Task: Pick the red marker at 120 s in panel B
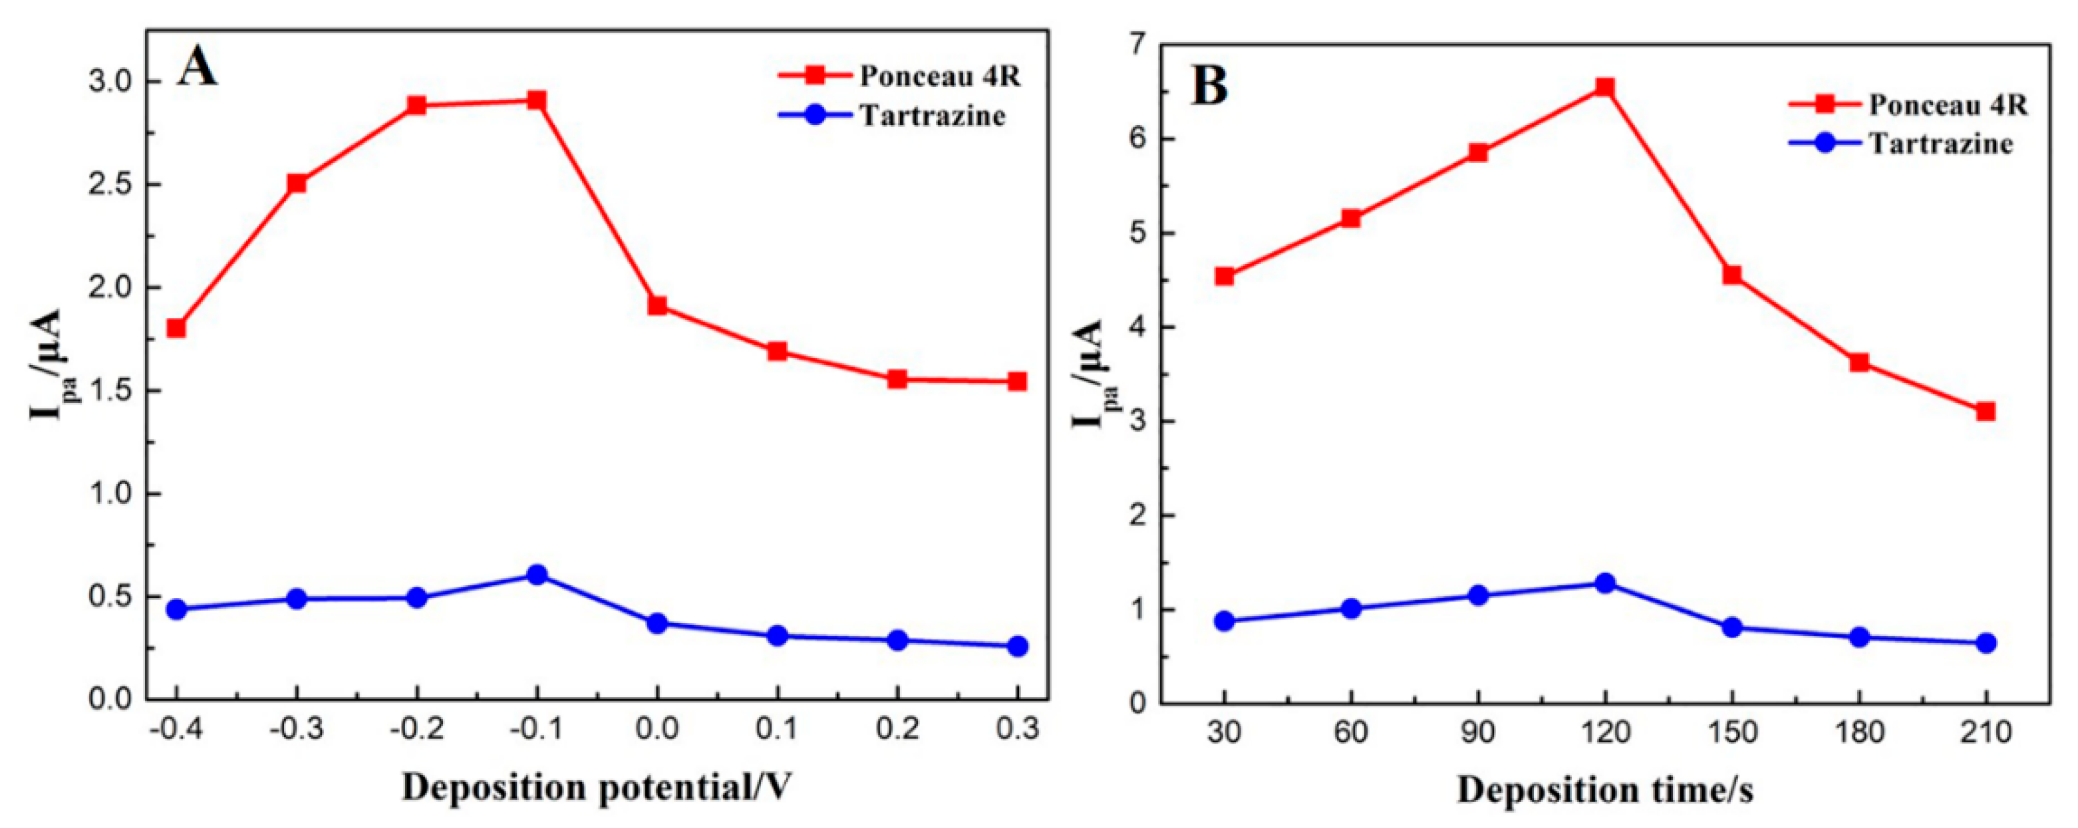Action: [1604, 87]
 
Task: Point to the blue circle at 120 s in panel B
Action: [1604, 583]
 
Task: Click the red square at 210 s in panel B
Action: [1986, 412]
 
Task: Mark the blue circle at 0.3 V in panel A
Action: [1017, 646]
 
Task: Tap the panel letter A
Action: [198, 69]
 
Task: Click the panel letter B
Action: [1210, 88]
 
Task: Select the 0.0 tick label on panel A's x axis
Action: [657, 730]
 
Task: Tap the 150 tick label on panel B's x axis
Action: [1731, 733]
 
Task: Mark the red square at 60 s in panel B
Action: [1351, 219]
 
